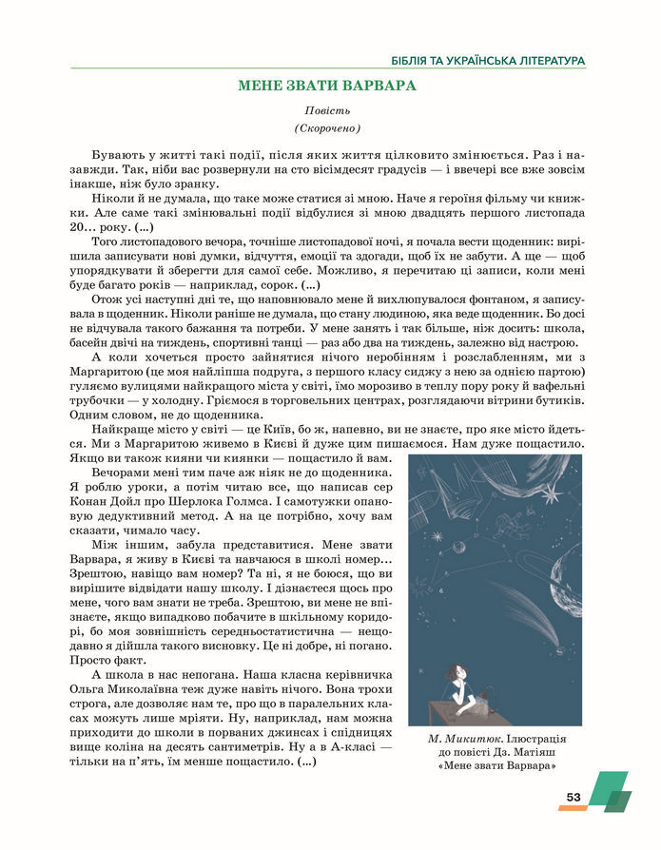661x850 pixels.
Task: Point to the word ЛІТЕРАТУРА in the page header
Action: click(x=540, y=60)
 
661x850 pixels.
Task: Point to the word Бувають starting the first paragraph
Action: click(x=119, y=154)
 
